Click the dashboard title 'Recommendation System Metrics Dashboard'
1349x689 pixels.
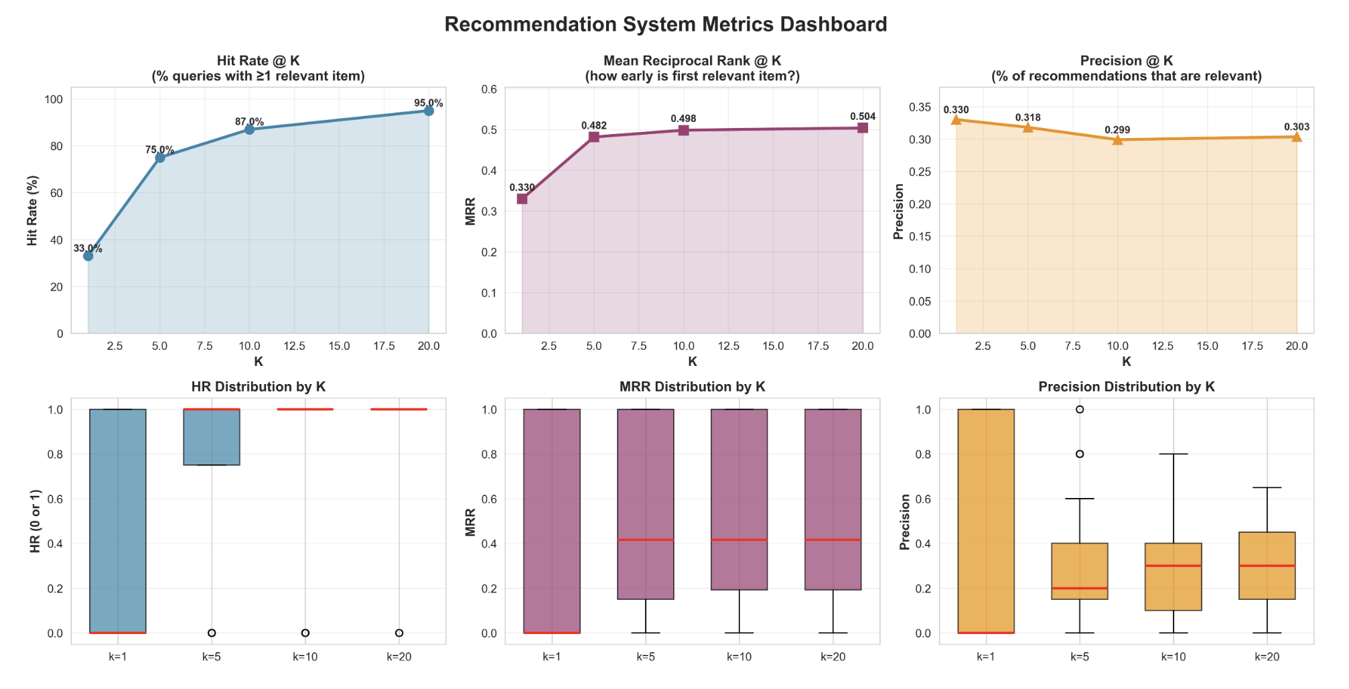665,24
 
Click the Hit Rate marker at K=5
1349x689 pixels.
159,158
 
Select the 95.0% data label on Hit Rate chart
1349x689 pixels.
428,103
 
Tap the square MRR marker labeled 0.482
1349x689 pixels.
593,137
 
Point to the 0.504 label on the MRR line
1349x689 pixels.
863,117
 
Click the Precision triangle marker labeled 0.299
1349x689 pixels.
1117,139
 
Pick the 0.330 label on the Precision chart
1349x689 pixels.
956,110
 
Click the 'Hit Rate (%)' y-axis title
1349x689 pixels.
32,210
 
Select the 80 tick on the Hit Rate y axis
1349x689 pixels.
54,146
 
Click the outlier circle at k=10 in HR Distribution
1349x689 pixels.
305,633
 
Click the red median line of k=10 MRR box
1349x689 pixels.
739,540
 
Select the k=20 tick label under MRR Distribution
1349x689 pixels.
833,657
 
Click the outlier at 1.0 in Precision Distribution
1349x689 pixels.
1080,410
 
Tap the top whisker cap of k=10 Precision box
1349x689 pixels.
1174,454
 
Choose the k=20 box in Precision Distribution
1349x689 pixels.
1267,566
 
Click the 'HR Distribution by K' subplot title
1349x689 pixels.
259,387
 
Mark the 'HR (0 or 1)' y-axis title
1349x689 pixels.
35,521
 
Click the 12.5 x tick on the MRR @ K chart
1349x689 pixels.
728,346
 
